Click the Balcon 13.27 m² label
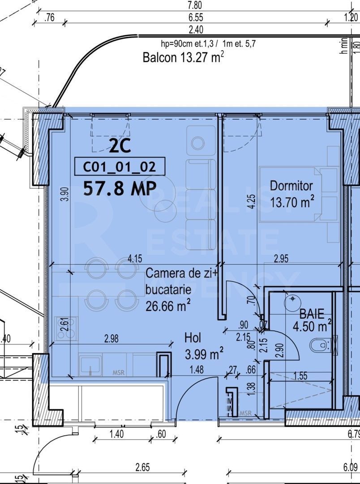[183, 58]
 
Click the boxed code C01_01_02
[120, 167]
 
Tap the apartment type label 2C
[120, 146]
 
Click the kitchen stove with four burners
[65, 329]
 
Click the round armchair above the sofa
[197, 143]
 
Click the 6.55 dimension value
[196, 18]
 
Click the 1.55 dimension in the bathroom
[300, 376]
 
